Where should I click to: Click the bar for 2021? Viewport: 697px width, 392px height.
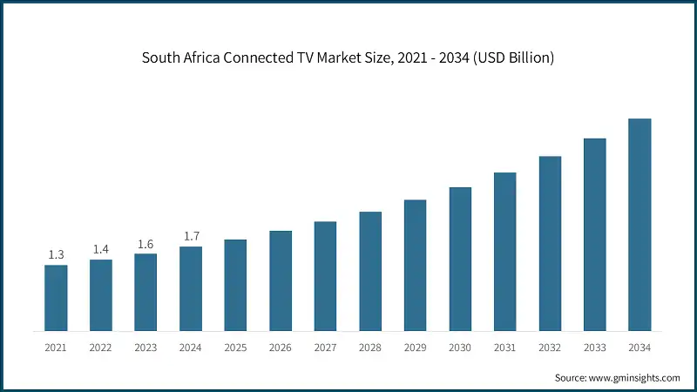click(x=56, y=298)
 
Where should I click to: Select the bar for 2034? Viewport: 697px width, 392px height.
click(x=639, y=225)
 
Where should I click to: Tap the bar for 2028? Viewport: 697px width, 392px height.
click(x=370, y=271)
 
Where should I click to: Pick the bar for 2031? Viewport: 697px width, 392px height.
click(x=504, y=252)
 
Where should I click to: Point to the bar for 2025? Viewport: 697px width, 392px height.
click(x=235, y=285)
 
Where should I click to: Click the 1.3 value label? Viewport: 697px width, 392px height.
click(x=56, y=254)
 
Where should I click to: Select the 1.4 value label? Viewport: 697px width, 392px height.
click(x=101, y=249)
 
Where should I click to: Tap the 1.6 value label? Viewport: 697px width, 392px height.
click(x=145, y=244)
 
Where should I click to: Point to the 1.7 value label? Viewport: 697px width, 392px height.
click(x=191, y=236)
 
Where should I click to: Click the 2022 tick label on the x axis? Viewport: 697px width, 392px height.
click(x=101, y=348)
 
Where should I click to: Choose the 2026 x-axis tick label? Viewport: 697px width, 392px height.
click(x=281, y=348)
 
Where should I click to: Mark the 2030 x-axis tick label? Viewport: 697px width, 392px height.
click(x=460, y=348)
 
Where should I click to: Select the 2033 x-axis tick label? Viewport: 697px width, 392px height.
click(x=595, y=348)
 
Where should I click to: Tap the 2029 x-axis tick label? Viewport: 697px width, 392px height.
click(x=415, y=348)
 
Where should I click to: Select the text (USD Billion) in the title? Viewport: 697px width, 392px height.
click(x=510, y=58)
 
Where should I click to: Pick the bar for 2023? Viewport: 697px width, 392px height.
click(x=145, y=292)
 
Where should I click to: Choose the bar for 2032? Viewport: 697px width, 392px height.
click(x=550, y=244)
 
